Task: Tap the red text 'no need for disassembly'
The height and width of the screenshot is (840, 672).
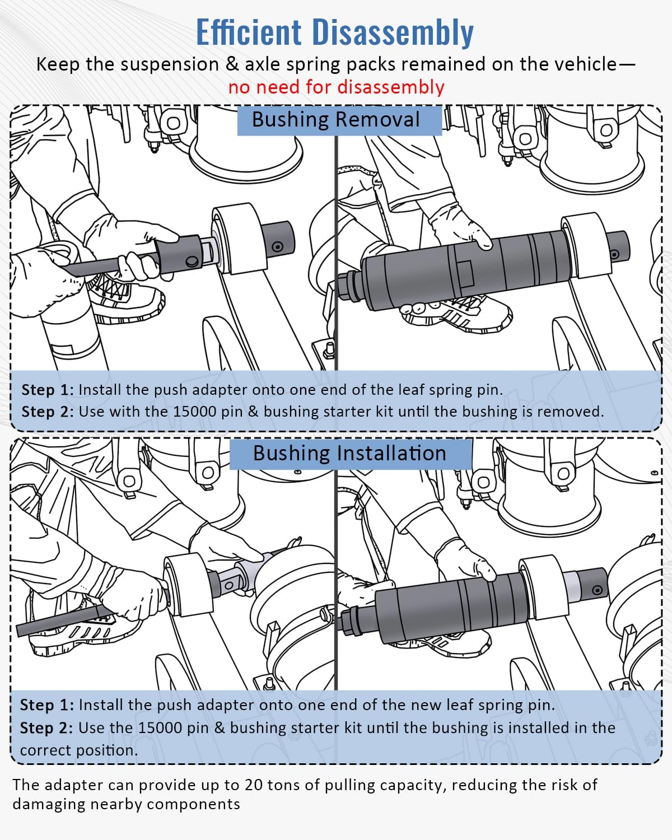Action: (x=336, y=87)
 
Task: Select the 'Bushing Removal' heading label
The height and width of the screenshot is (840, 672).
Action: (x=336, y=120)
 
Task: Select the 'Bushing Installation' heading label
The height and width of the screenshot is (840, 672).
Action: (x=349, y=453)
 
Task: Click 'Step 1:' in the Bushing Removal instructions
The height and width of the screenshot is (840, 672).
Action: (x=47, y=390)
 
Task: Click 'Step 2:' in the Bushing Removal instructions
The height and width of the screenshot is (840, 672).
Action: (x=47, y=412)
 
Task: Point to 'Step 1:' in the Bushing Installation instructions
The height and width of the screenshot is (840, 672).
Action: (x=46, y=705)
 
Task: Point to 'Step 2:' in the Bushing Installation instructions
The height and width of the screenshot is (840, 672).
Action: (x=46, y=728)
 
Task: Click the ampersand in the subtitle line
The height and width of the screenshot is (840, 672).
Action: (x=232, y=64)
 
